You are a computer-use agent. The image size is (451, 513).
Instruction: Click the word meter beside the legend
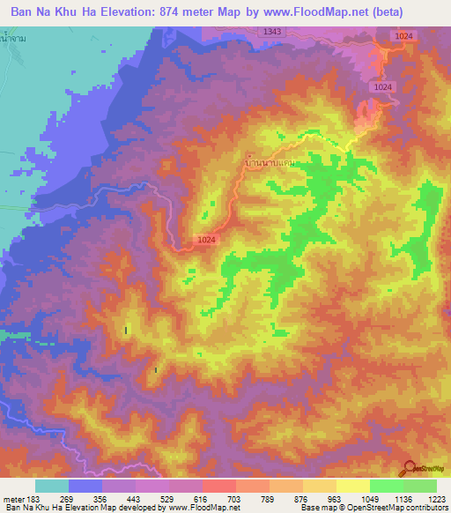(12, 498)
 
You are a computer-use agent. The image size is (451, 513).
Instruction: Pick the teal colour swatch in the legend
(52, 486)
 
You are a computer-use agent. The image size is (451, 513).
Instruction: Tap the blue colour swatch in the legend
(85, 486)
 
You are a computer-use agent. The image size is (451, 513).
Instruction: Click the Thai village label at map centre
(268, 163)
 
